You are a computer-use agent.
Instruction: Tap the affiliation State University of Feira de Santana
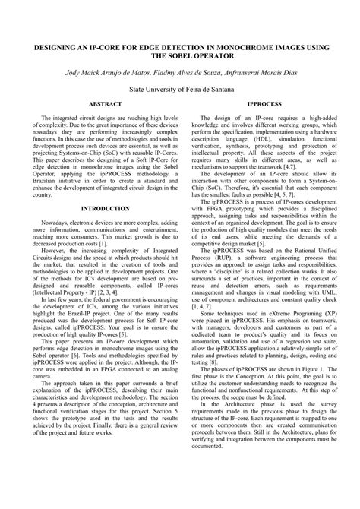tap(179, 87)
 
